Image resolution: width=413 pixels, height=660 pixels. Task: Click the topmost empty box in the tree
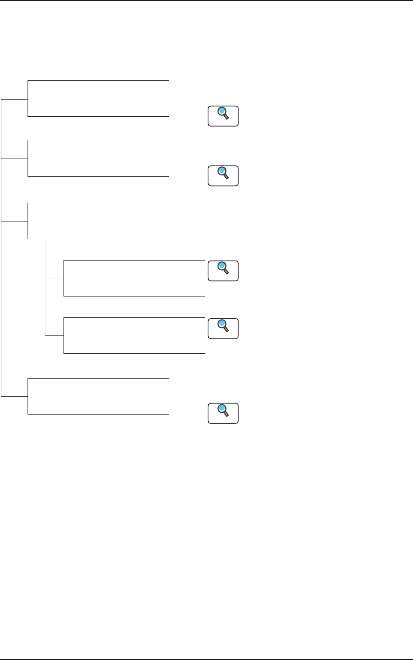(x=98, y=99)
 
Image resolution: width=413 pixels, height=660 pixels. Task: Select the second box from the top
(x=98, y=158)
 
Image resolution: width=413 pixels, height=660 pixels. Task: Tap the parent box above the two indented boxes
(x=98, y=221)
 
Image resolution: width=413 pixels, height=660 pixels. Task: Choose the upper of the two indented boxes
(x=134, y=278)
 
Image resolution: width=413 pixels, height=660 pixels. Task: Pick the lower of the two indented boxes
(x=134, y=336)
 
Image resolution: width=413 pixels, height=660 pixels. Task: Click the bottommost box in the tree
(x=98, y=396)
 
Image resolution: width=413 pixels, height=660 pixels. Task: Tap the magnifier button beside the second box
(x=223, y=176)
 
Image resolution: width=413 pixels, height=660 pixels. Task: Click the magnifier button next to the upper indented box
(x=223, y=271)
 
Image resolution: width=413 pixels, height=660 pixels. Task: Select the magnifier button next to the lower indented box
(x=223, y=329)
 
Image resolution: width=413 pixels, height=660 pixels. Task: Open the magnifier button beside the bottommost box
(x=223, y=413)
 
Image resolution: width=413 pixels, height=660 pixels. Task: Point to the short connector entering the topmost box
(x=15, y=100)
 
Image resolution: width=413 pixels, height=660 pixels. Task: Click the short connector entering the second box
(x=15, y=158)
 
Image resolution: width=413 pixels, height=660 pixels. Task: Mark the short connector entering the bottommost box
(x=15, y=396)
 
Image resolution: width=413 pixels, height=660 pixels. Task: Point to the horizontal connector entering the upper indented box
(x=54, y=279)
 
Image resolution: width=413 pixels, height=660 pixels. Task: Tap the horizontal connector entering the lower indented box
(x=54, y=336)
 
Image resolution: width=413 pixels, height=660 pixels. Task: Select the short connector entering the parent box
(x=15, y=221)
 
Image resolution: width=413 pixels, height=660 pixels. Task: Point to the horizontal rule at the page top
(x=206, y=1)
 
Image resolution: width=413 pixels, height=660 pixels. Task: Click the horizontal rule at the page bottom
(x=206, y=659)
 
